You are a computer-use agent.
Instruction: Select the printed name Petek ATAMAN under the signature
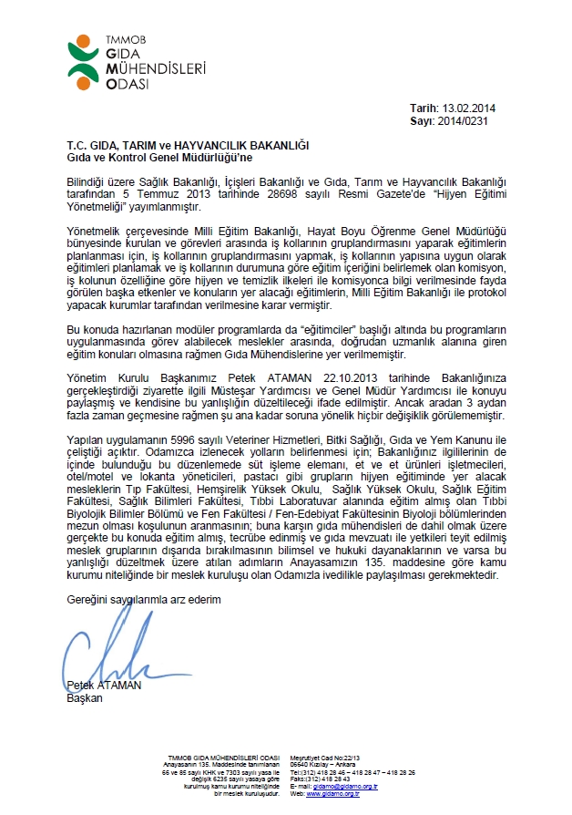pos(104,686)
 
